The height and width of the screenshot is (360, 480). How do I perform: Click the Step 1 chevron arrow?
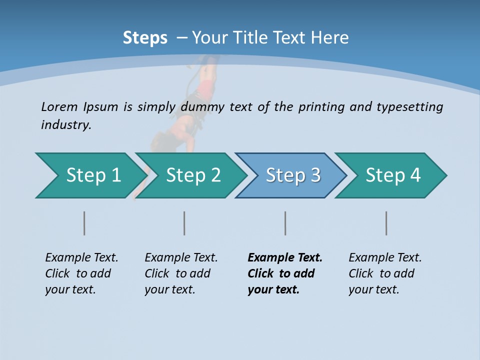tap(92, 175)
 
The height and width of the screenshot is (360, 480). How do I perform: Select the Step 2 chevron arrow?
tap(192, 175)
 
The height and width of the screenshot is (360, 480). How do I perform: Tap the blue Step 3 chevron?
tap(292, 175)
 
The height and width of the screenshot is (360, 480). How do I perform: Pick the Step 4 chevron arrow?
tap(392, 175)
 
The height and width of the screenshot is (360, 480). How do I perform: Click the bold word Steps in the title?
tap(145, 38)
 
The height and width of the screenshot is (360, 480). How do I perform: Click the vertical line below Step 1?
tap(84, 223)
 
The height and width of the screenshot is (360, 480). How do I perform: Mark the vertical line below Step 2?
tap(184, 223)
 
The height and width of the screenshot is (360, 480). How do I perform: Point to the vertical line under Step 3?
tap(285, 223)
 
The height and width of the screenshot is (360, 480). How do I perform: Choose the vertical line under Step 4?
tap(386, 223)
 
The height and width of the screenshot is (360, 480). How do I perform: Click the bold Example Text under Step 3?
tap(285, 258)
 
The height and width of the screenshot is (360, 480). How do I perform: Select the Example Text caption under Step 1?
tap(81, 258)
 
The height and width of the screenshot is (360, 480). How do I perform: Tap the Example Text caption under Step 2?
tap(181, 258)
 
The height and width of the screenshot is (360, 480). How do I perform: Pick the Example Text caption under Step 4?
tap(385, 258)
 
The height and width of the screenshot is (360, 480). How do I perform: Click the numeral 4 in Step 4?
tap(415, 175)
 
